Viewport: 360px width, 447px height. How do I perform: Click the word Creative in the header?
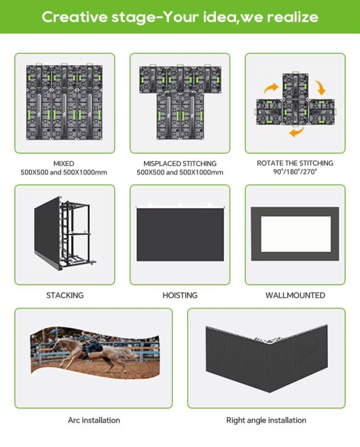pyautogui.click(x=75, y=17)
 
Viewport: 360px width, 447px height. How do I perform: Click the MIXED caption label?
pyautogui.click(x=64, y=163)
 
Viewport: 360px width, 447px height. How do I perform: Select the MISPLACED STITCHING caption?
pyautogui.click(x=180, y=163)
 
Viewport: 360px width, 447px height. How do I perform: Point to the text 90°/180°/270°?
pyautogui.click(x=295, y=172)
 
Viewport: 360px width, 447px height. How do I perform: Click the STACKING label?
pyautogui.click(x=65, y=295)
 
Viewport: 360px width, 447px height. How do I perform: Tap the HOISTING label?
pyautogui.click(x=180, y=295)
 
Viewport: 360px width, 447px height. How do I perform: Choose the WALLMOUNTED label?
pyautogui.click(x=295, y=295)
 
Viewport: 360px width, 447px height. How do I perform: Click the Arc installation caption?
pyautogui.click(x=94, y=420)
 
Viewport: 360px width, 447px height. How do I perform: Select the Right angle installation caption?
pyautogui.click(x=266, y=420)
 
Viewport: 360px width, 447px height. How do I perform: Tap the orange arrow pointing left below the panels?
pyautogui.click(x=296, y=132)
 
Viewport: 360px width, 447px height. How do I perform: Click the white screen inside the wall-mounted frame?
pyautogui.click(x=296, y=234)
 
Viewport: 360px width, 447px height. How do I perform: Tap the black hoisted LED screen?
pyautogui.click(x=180, y=234)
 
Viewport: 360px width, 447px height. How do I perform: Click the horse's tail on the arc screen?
pyautogui.click(x=127, y=353)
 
